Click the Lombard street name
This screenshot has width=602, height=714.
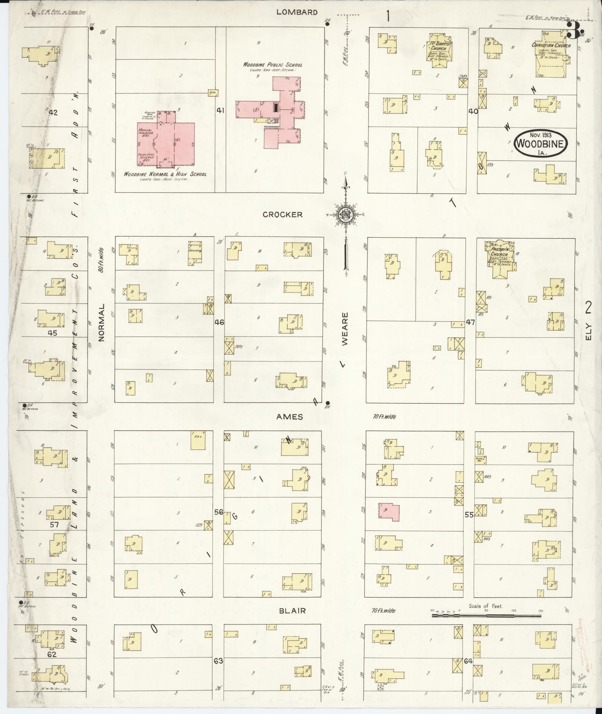297,12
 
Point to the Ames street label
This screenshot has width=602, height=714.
289,417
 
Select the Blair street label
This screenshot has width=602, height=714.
292,611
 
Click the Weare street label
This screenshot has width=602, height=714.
345,328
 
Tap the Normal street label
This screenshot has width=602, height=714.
101,322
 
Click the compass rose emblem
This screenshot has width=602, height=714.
346,215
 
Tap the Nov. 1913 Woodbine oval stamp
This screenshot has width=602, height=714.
540,142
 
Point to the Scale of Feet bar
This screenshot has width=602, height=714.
486,615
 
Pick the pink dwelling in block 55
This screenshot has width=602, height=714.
389,511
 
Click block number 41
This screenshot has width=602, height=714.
220,110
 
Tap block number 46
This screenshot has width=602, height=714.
219,322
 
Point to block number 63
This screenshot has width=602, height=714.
218,661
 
